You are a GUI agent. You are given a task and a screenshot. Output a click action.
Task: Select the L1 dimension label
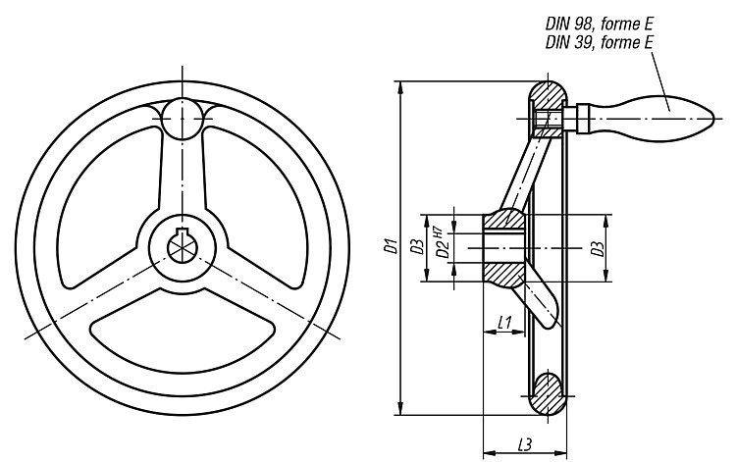504,323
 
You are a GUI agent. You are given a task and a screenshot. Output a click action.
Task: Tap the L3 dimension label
525,444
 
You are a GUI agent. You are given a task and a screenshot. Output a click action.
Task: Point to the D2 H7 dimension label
443,244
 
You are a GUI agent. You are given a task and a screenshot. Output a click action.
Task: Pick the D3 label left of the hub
417,247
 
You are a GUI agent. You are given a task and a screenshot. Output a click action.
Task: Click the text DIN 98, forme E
600,24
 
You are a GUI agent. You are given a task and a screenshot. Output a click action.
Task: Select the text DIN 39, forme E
600,43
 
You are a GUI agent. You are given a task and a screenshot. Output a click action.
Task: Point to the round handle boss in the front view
183,119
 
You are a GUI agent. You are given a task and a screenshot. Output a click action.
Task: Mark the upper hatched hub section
503,221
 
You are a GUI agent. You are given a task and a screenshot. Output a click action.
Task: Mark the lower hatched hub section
503,274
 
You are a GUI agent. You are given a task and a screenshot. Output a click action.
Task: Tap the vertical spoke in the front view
183,174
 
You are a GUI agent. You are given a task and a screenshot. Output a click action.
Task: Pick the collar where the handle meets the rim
583,118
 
